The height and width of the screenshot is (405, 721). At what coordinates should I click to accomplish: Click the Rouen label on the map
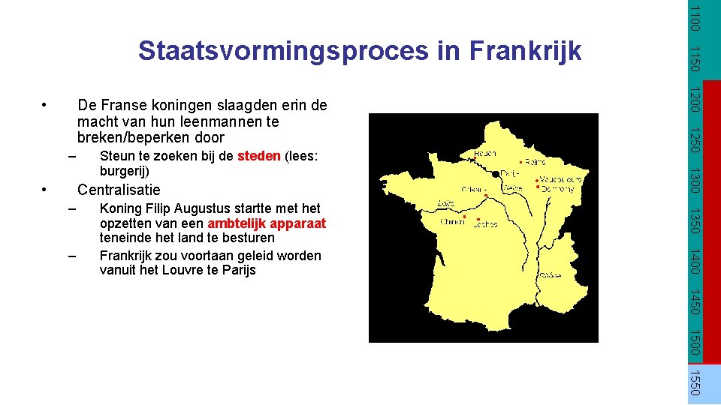[484, 153]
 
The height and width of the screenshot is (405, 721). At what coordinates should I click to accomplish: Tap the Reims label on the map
[535, 162]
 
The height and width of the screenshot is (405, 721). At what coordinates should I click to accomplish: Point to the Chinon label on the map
[452, 222]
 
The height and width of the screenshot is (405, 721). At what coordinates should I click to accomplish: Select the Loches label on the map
[485, 224]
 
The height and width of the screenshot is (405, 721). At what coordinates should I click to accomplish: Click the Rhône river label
[549, 275]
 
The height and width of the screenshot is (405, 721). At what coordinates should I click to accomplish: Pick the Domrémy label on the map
[558, 189]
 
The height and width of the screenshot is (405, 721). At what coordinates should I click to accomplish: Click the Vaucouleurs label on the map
[560, 179]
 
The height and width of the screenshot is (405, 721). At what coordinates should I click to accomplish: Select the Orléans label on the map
[475, 189]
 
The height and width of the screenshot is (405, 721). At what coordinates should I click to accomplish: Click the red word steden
[259, 156]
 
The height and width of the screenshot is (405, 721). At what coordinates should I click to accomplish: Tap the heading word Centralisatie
[119, 189]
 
